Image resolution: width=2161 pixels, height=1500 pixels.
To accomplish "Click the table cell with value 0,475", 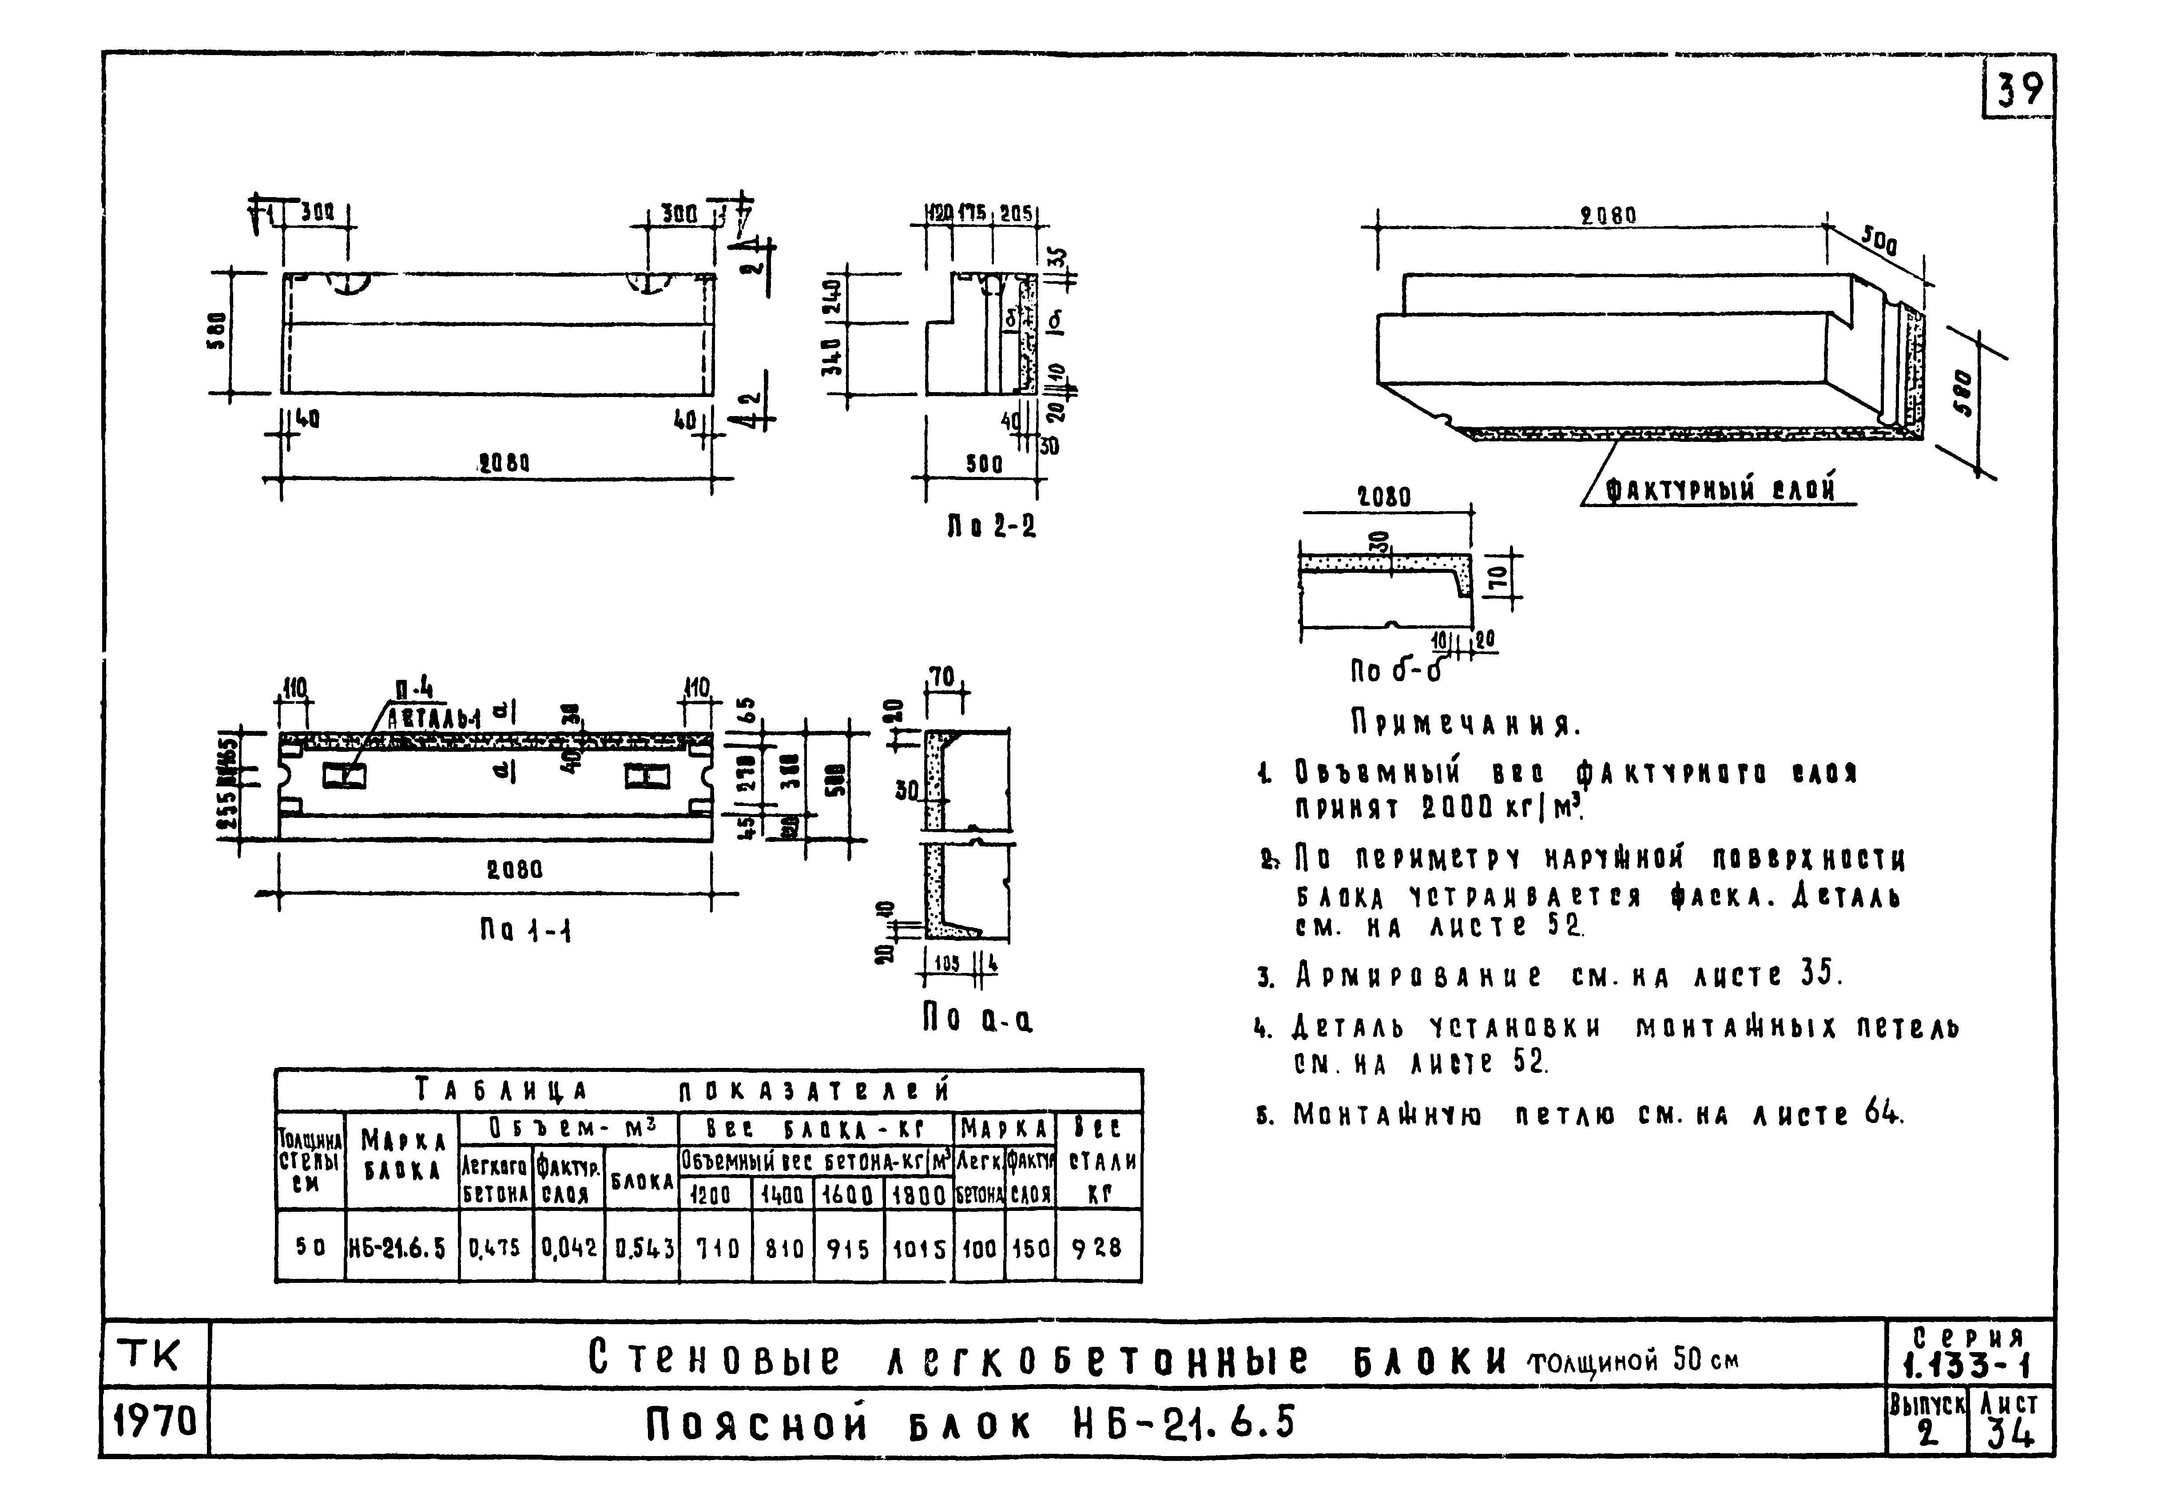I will (x=494, y=1248).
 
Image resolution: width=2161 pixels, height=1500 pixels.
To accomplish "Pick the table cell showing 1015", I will (x=918, y=1248).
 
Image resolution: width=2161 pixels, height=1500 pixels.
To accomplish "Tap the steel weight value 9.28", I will (x=1097, y=1248).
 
